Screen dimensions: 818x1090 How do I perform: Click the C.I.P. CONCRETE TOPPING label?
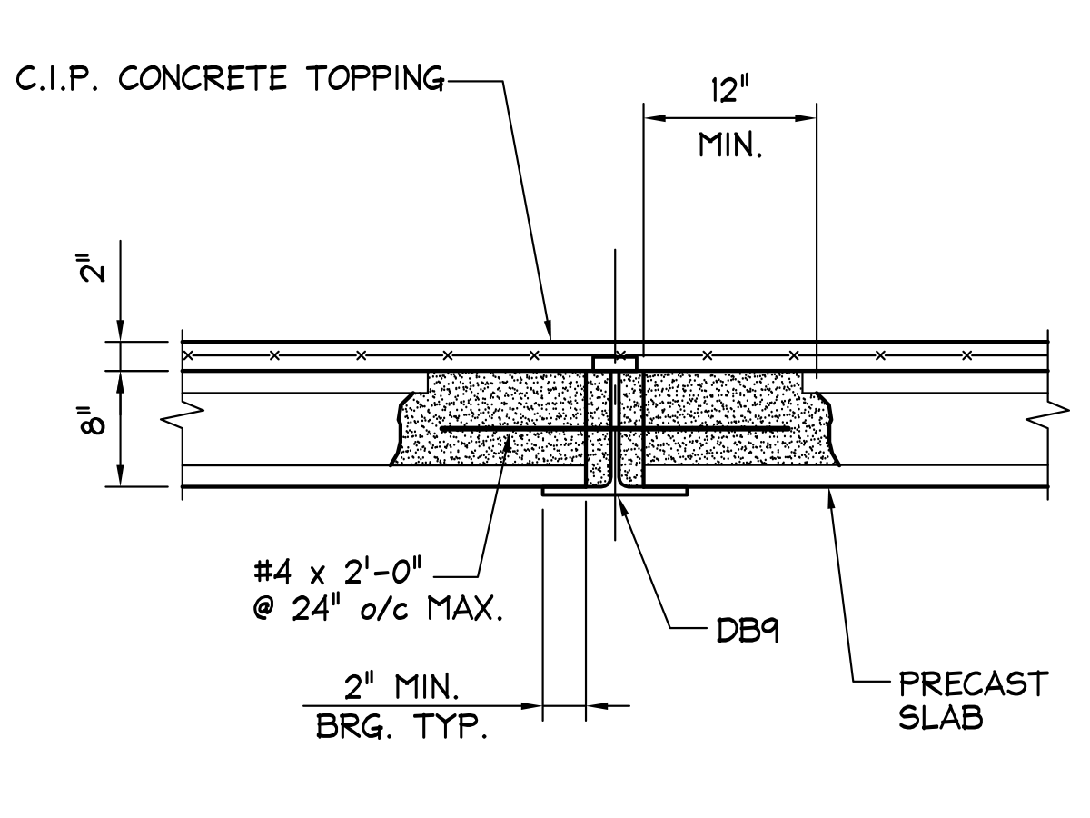(230, 80)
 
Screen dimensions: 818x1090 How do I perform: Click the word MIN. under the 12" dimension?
(730, 145)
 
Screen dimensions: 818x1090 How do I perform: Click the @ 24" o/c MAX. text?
(378, 608)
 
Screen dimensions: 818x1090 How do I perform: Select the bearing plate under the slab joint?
(615, 493)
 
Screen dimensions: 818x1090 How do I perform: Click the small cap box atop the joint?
(615, 364)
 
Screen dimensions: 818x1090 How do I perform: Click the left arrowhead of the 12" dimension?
(651, 117)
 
